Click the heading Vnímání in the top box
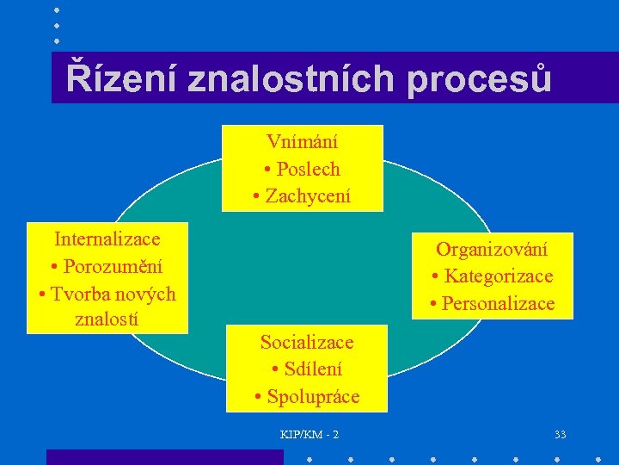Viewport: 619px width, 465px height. click(302, 141)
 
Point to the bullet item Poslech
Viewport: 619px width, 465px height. click(308, 169)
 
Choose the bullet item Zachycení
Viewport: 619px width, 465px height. click(308, 196)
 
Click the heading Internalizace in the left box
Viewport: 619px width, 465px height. click(107, 238)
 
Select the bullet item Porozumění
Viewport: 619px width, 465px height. click(113, 266)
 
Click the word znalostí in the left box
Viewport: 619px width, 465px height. click(107, 320)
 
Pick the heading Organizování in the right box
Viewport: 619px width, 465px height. click(492, 249)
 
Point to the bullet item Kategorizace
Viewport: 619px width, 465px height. click(499, 276)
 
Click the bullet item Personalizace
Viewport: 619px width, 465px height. click(499, 304)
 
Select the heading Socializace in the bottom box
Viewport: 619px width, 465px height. click(307, 342)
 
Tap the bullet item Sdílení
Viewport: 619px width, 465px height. click(313, 369)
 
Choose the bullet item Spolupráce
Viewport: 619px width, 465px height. click(313, 397)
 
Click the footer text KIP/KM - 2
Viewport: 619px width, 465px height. click(309, 434)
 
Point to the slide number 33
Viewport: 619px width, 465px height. click(561, 434)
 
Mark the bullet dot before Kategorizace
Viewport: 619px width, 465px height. click(437, 276)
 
